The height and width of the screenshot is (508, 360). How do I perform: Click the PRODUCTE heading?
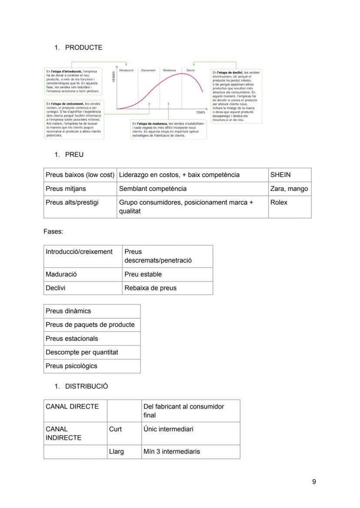pos(83,48)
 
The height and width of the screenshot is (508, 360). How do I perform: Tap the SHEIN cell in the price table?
pos(280,175)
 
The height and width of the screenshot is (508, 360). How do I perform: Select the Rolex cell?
pos(279,203)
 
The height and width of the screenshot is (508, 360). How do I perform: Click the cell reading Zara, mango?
pos(289,189)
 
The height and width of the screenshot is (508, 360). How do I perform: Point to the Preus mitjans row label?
pos(66,189)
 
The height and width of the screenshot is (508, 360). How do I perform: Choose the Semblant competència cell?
pos(153,189)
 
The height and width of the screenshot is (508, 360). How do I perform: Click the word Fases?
pos(53,232)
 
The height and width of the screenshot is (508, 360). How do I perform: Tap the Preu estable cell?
pos(143,274)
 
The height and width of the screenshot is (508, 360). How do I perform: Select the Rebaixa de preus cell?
pos(150,288)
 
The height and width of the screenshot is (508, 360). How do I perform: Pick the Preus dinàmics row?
pos(68,311)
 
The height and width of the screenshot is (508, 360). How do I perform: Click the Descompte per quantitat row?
pos(82,352)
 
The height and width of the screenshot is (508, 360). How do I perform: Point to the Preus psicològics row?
pos(71,366)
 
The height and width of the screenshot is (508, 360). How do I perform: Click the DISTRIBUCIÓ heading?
pos(87,386)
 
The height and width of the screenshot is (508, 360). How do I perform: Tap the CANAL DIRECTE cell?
pos(72,407)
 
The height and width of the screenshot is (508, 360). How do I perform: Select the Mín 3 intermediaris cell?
pos(172,452)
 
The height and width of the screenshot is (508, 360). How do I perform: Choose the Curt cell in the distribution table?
pos(115,429)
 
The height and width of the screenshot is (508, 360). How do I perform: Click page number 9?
pos(314,481)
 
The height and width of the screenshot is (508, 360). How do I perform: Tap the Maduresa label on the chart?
pos(170,70)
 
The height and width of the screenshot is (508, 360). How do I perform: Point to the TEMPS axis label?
pos(200,113)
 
